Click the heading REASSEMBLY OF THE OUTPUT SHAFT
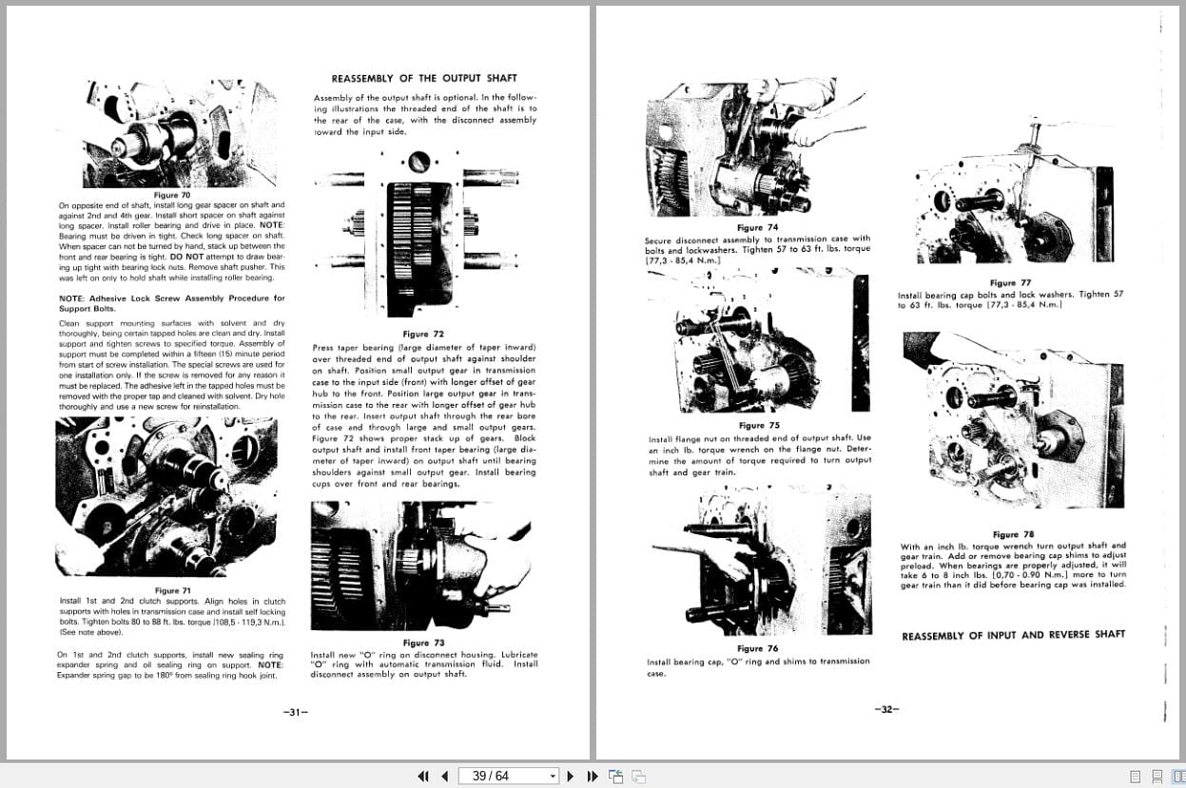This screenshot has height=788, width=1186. click(424, 78)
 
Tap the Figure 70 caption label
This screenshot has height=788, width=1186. click(172, 195)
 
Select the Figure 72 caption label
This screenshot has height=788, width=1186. click(423, 334)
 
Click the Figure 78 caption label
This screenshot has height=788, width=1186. click(1013, 534)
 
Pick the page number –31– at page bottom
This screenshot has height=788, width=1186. click(298, 711)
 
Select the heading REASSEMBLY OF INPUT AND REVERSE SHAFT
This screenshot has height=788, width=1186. click(1013, 635)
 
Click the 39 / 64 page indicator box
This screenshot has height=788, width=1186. click(508, 776)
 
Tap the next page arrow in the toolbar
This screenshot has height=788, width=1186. click(571, 776)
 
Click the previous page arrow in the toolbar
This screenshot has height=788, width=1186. click(444, 776)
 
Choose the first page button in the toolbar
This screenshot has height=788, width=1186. click(423, 776)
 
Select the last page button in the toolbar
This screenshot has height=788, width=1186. click(593, 776)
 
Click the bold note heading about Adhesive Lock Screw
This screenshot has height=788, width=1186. click(171, 303)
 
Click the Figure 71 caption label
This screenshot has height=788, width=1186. click(173, 590)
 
